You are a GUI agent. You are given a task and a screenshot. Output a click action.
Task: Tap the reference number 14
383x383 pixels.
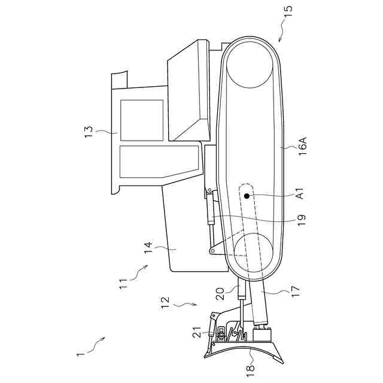click(x=147, y=248)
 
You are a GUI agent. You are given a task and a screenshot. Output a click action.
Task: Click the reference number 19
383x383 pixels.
click(x=302, y=219)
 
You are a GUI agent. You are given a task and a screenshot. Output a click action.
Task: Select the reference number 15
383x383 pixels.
click(x=289, y=10)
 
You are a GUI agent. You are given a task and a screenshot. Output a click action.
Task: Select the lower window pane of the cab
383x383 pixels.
click(x=159, y=162)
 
